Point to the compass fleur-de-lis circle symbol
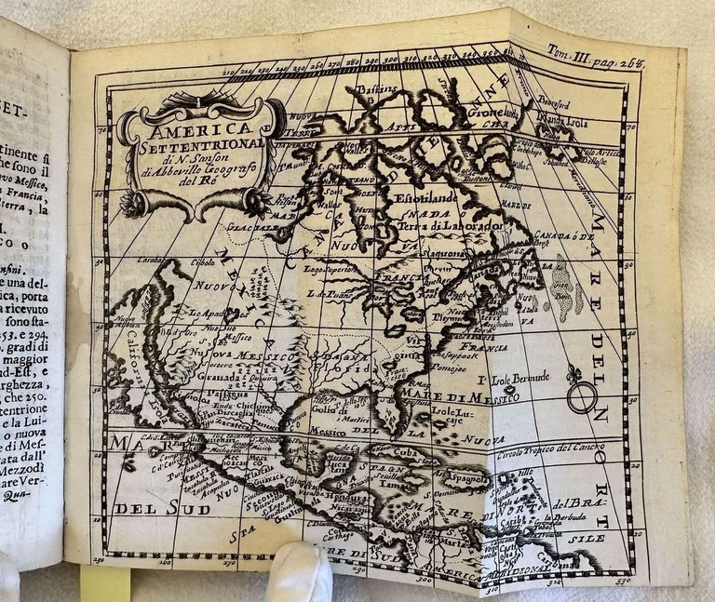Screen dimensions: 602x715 (x=579, y=397)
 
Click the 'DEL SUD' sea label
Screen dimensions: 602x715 (x=150, y=508)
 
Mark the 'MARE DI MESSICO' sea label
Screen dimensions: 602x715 (x=479, y=397)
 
